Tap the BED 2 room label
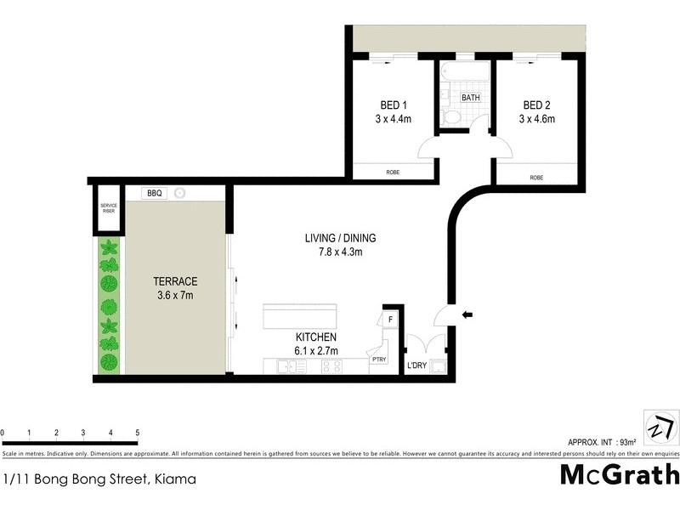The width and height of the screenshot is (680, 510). coord(537,105)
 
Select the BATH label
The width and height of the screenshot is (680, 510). coord(470,98)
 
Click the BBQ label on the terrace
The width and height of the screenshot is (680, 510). coord(154,193)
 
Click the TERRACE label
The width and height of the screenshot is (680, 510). coord(175,281)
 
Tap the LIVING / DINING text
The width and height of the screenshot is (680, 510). coord(340,238)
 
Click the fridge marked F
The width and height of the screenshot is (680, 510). coord(390,319)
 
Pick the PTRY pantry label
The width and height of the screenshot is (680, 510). coord(378,360)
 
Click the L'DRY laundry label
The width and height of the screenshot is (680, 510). coord(416,365)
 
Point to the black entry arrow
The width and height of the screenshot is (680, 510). coord(467,315)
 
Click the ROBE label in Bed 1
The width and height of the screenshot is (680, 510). coord(393,173)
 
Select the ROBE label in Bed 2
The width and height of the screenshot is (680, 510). coord(536,178)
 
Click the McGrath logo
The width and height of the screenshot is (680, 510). coord(620,473)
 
